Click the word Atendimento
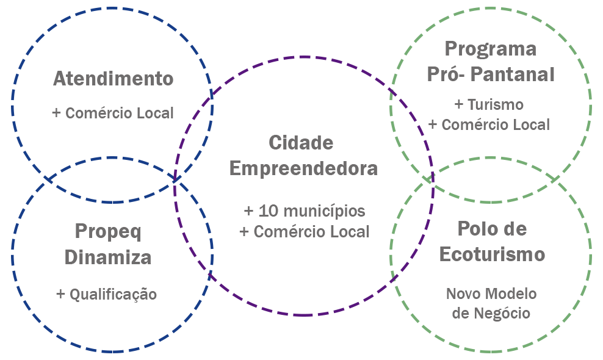113,79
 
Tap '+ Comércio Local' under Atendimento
113,113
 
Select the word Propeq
108,231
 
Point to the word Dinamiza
108,257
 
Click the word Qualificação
113,295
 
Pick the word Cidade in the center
301,143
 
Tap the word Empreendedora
303,168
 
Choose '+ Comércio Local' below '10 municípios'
305,232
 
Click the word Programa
490,49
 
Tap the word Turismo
496,105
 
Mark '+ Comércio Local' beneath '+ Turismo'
489,124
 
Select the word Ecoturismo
492,254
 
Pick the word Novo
464,294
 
